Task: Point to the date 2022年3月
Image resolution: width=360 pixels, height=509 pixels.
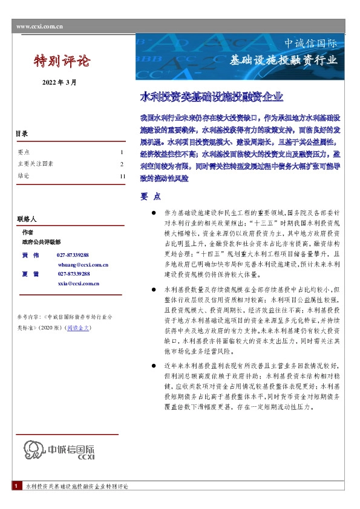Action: click(x=59, y=82)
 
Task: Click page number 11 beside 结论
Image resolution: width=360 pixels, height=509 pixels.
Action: click(x=122, y=176)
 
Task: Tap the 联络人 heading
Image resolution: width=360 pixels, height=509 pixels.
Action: click(x=27, y=218)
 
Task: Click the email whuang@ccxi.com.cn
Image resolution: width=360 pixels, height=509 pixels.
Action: click(x=83, y=265)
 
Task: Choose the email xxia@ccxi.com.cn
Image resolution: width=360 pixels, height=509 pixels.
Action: click(x=79, y=283)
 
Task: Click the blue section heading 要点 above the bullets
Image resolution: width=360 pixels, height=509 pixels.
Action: click(x=150, y=197)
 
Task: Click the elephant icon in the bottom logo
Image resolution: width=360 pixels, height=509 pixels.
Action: click(x=35, y=450)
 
